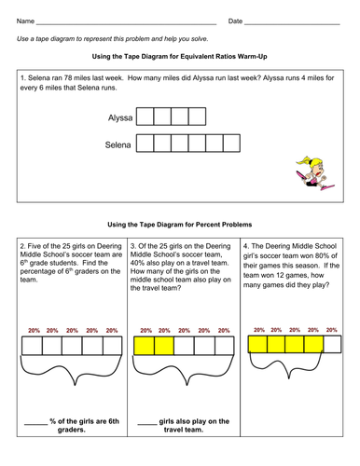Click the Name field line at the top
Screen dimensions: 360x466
[126, 24]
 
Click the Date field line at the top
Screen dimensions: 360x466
[292, 24]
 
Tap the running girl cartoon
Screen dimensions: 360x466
[314, 173]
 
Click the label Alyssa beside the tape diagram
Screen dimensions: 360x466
[120, 118]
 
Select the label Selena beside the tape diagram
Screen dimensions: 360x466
[118, 144]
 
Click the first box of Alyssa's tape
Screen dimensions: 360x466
[145, 116]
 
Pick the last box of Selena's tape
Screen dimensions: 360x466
[231, 144]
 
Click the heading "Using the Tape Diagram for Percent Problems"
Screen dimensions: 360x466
[180, 225]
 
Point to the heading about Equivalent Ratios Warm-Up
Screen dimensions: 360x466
[180, 57]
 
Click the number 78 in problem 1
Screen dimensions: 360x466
[68, 77]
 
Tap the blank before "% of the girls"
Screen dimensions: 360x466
[35, 424]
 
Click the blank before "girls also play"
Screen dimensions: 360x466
[147, 424]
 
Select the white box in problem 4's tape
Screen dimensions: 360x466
[332, 344]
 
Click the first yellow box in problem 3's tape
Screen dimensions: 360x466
[144, 346]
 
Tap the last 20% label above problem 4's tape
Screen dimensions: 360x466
[331, 330]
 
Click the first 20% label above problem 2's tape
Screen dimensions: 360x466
[34, 331]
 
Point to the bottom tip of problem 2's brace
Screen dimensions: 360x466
[75, 385]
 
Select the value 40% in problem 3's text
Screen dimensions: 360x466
[137, 263]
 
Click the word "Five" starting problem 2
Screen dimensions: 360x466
[35, 246]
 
